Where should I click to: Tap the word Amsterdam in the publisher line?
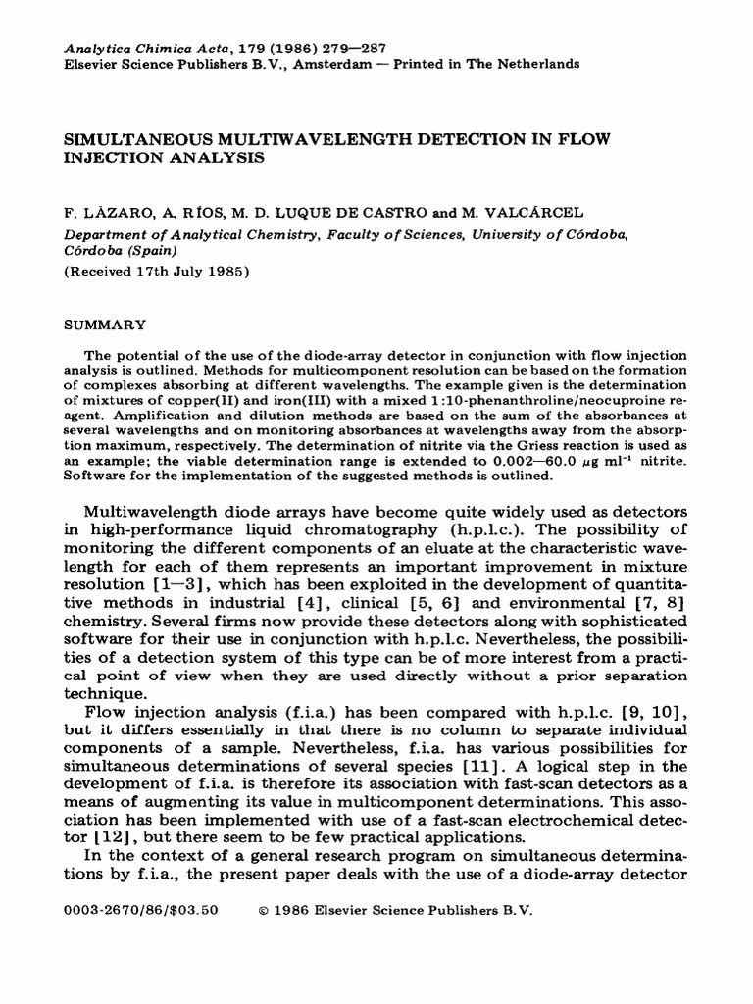click(x=323, y=63)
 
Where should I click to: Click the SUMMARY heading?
click(x=104, y=323)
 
